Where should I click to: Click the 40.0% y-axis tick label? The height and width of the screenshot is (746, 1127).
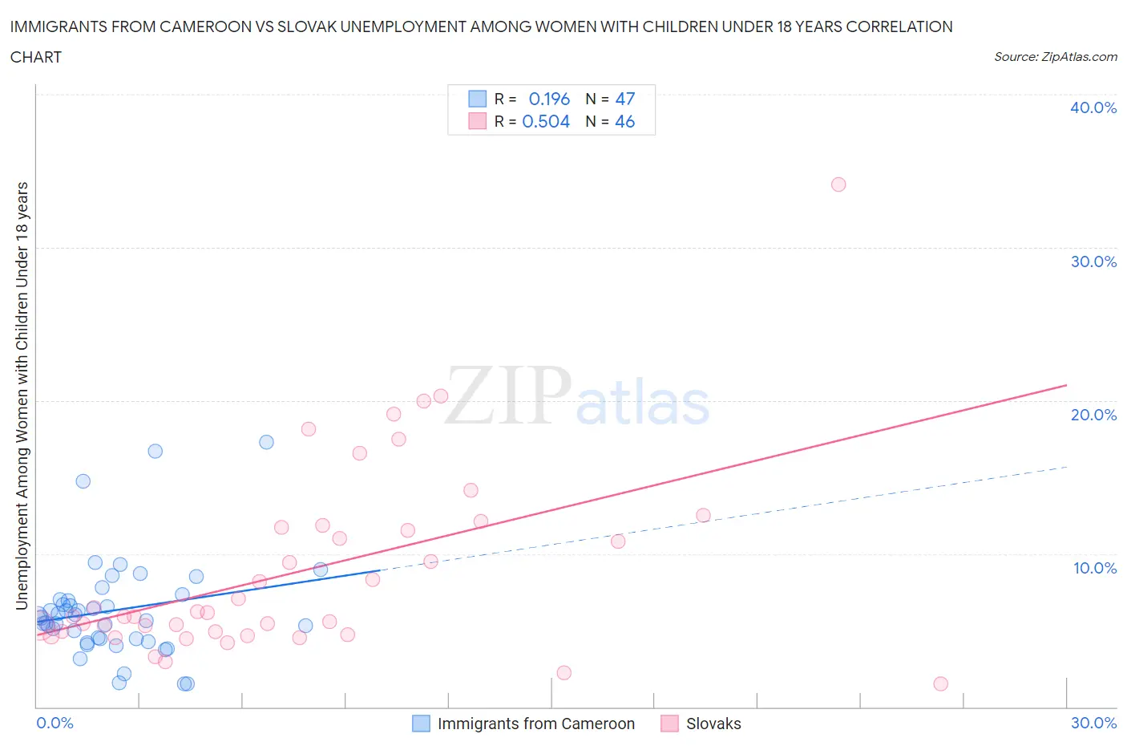tap(1093, 107)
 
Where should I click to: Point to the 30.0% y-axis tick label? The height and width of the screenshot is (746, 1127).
tap(1093, 262)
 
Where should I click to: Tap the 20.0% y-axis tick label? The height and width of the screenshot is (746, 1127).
tap(1093, 415)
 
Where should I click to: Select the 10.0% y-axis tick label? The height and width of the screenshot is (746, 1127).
tap(1094, 568)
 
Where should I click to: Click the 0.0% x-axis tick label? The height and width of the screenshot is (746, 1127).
tap(55, 723)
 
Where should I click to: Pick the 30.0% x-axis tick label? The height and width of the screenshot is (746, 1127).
tap(1093, 723)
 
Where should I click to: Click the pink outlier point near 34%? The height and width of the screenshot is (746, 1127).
tap(838, 184)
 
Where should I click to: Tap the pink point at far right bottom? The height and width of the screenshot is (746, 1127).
tap(941, 684)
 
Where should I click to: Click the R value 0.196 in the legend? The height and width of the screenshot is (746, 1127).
tap(549, 99)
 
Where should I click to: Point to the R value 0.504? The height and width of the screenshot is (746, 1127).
tap(546, 121)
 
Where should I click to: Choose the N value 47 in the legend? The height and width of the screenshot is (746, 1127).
tap(625, 99)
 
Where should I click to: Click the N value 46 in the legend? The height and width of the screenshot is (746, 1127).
tap(625, 121)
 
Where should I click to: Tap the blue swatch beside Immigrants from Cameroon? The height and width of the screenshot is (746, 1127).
tap(421, 724)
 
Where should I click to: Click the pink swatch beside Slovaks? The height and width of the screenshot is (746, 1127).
tap(669, 724)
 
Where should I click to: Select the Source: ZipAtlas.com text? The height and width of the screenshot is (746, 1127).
tap(1055, 56)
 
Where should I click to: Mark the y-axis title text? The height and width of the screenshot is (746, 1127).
tap(22, 395)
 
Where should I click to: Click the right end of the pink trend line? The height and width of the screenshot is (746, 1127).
tap(1066, 386)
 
